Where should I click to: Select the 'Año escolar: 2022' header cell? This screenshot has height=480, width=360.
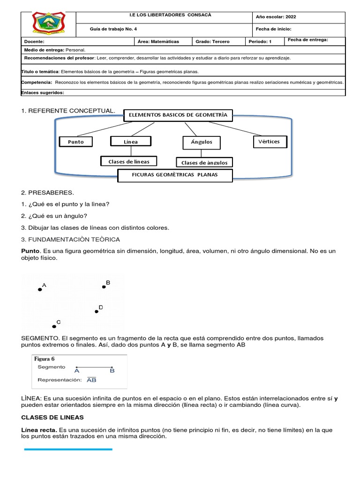[276, 17]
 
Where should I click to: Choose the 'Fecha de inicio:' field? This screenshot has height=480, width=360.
[274, 29]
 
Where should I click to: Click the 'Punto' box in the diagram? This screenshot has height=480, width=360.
[76, 142]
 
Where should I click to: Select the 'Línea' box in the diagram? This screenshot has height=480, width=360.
[131, 141]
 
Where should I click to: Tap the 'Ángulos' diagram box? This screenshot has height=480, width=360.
[201, 142]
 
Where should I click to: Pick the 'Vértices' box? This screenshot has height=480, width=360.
[269, 141]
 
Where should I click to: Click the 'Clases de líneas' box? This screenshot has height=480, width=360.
[129, 162]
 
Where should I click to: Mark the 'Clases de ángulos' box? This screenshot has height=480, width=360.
[204, 163]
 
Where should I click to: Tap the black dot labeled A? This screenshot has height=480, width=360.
[40, 290]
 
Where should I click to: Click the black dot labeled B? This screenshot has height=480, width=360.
[104, 287]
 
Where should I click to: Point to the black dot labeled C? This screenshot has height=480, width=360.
[54, 326]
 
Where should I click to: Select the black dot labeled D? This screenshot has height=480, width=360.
[97, 311]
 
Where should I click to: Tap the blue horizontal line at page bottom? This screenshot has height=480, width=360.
[68, 449]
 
